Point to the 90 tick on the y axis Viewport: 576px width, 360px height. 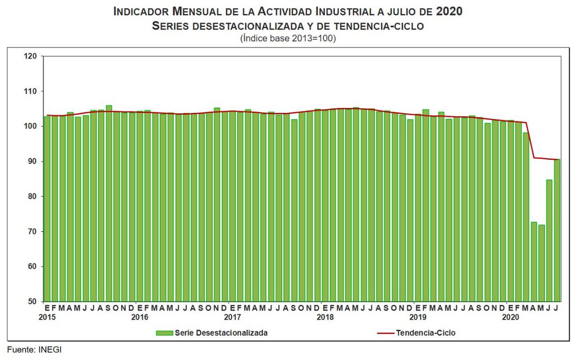pos(32,162)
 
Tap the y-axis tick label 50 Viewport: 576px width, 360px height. pos(32,301)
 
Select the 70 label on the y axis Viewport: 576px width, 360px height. pos(32,232)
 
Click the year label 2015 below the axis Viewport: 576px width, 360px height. pos(47,317)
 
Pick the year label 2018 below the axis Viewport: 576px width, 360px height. pos(325,317)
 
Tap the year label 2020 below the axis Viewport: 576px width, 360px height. pos(510,317)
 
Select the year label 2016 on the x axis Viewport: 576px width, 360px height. pos(140,317)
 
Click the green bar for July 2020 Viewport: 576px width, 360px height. pos(557,230)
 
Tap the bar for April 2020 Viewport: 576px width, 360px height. pos(534,262)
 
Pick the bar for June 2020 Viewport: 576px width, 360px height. pos(549,240)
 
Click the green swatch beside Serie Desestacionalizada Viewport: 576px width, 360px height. pos(164,332)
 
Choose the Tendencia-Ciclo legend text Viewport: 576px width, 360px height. pos(425,332)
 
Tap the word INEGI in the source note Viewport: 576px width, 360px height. pos(50,350)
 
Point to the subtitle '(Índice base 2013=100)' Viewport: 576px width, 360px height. pos(288,38)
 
